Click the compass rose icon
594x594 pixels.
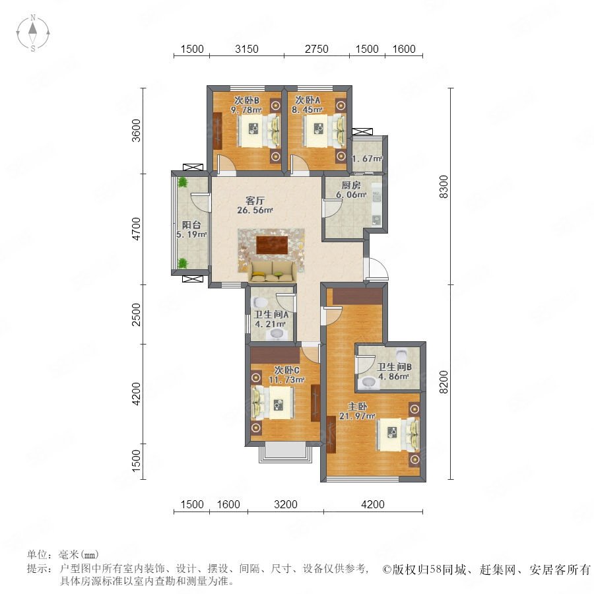33,33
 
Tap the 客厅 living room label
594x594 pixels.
255,201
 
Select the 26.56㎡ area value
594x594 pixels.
255,211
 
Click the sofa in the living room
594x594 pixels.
273,273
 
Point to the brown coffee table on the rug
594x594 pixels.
272,245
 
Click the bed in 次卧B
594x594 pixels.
259,131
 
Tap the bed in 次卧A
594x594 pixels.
324,131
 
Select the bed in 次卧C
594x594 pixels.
273,403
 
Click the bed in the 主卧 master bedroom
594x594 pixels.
398,434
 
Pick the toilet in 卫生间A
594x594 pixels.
260,303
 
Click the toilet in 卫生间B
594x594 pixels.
401,355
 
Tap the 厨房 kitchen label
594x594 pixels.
351,185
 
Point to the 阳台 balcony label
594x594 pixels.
191,225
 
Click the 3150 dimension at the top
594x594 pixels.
247,49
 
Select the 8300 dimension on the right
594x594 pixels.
444,187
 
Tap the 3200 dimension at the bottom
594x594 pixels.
286,505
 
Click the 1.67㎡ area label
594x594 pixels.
368,158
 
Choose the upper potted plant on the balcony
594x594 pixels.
183,183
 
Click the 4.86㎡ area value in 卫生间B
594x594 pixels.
393,377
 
